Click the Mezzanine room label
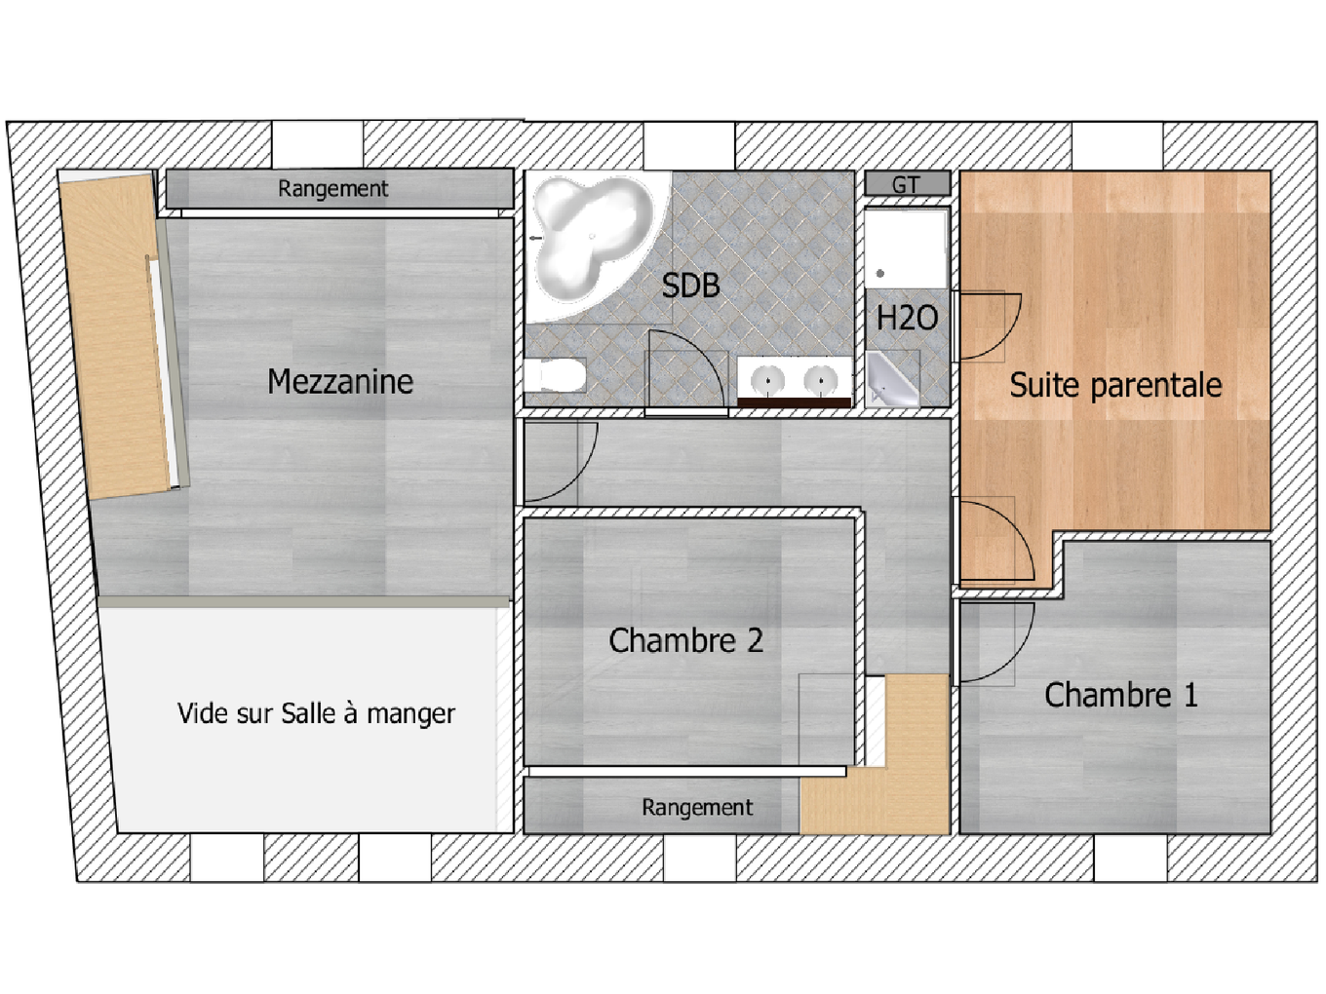tap(340, 381)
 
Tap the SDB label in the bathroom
tap(690, 286)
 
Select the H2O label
tap(907, 318)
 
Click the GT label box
tap(907, 184)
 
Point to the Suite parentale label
tap(1115, 385)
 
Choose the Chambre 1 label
tap(1120, 695)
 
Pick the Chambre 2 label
tap(685, 640)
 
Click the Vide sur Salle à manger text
tap(316, 713)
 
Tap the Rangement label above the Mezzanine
tap(332, 188)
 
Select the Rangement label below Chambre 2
tap(696, 807)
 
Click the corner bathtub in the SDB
tap(590, 240)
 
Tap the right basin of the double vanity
tap(821, 380)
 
